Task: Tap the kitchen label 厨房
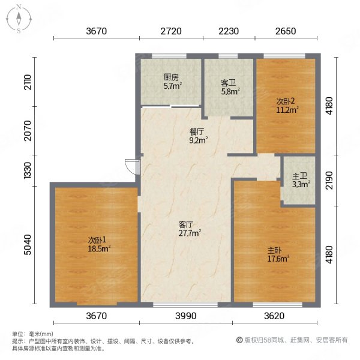click(171, 77)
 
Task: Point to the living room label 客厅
click(186, 224)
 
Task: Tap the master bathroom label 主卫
click(298, 176)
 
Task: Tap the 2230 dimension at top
click(229, 31)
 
